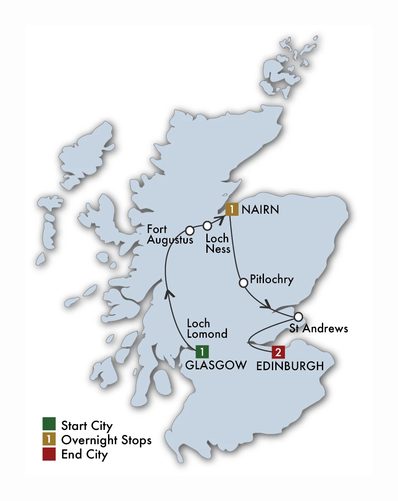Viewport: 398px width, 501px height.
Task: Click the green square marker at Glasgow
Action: [x=202, y=351]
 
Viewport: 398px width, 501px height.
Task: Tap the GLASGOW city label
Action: [x=216, y=365]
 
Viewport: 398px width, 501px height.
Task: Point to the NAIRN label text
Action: [x=259, y=209]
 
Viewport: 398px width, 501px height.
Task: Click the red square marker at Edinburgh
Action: [x=278, y=352]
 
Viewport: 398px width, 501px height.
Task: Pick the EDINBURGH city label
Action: [x=290, y=366]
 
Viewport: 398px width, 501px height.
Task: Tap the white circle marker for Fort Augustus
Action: [x=190, y=231]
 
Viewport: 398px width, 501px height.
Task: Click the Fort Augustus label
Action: [x=170, y=235]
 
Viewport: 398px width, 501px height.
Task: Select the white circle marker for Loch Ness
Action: [x=207, y=225]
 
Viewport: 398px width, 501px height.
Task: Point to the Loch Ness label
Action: [x=217, y=244]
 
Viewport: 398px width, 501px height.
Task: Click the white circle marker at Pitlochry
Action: [x=243, y=283]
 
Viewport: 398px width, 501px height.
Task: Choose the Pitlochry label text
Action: [x=271, y=279]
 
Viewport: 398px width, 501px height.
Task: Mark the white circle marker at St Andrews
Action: [x=298, y=316]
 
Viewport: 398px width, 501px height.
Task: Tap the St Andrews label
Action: [x=319, y=329]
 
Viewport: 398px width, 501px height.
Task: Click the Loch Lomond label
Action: [x=207, y=329]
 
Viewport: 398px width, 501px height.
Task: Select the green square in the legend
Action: [x=49, y=425]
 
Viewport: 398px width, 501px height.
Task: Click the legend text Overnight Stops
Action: [x=106, y=440]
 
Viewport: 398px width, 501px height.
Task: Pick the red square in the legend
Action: [x=49, y=455]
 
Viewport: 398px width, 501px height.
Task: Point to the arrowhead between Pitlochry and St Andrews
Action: [x=266, y=305]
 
